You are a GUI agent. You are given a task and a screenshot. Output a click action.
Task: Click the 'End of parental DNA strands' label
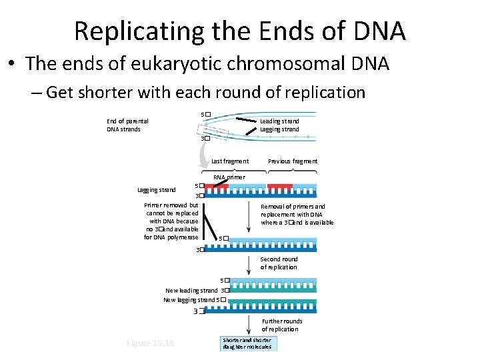point(127,125)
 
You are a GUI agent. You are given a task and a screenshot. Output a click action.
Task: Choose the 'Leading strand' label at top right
point(279,121)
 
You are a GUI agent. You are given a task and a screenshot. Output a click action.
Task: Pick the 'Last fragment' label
point(230,161)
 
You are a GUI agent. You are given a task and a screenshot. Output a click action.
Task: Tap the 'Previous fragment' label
point(293,161)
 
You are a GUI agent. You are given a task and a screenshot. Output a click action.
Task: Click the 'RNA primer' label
point(229,177)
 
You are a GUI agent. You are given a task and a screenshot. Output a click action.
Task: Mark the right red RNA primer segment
point(279,186)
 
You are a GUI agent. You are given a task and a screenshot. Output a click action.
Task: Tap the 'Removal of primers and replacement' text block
point(297,215)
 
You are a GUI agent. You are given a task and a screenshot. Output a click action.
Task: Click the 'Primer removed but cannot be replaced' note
point(171,221)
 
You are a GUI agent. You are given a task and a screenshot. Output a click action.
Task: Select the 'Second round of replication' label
point(279,263)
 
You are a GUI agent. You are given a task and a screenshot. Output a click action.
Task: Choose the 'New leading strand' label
point(191,290)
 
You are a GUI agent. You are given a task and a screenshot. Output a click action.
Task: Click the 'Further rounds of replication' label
point(281,325)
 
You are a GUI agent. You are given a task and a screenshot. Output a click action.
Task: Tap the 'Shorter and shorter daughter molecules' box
point(247,344)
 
